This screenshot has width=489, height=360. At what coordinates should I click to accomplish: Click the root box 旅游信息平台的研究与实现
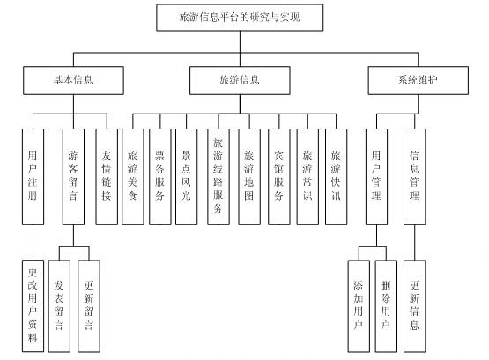(240, 18)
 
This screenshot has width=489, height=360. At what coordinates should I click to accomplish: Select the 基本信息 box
(73, 80)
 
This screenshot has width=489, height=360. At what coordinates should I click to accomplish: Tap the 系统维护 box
(418, 80)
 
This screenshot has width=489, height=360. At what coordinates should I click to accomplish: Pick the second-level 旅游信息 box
(240, 80)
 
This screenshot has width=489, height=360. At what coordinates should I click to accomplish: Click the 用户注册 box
(33, 177)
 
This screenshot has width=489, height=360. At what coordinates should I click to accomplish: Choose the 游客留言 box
(73, 177)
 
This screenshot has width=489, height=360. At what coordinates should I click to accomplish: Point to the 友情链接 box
(107, 177)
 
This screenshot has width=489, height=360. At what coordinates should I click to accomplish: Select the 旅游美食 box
(133, 177)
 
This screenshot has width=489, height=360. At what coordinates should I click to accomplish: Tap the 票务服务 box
(160, 177)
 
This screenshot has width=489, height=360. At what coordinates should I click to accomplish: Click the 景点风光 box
(186, 177)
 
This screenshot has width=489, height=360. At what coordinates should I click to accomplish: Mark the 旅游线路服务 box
(219, 177)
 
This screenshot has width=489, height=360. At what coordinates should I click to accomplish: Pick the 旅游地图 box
(249, 177)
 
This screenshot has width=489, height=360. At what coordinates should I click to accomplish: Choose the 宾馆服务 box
(278, 177)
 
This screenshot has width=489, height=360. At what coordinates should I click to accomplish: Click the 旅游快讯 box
(336, 177)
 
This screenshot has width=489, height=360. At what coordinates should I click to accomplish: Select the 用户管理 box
(376, 177)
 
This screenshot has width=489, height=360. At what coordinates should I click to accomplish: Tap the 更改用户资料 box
(33, 306)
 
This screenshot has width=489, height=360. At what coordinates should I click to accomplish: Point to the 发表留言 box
(59, 306)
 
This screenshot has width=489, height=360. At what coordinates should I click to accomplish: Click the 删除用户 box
(386, 306)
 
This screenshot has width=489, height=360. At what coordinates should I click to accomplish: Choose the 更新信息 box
(414, 306)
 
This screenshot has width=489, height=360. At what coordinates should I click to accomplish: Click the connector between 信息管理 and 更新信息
(414, 243)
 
